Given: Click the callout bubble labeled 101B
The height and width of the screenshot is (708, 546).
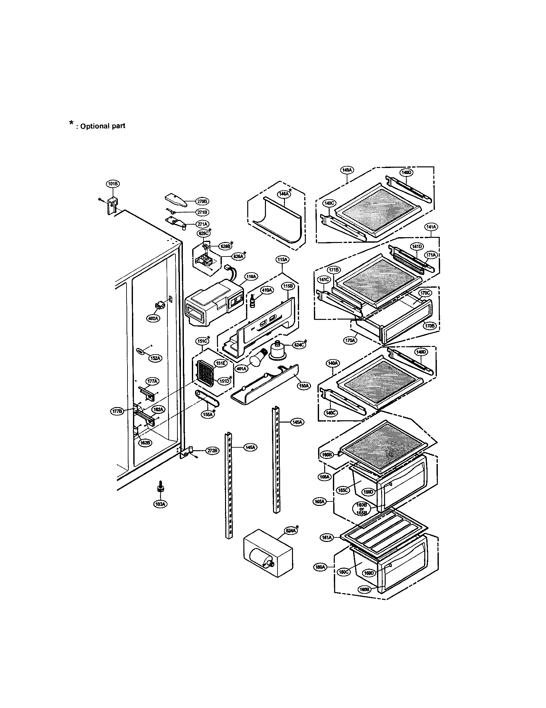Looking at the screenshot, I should tap(113, 184).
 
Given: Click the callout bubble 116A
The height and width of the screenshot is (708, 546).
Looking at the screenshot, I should tap(251, 276).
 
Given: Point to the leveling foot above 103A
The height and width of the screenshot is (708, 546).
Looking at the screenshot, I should tap(160, 488).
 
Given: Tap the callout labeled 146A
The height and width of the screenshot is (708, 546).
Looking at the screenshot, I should tap(283, 194).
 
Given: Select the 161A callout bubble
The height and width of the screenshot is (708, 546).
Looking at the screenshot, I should tap(327, 538).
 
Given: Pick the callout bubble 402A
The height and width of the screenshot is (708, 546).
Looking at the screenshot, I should tap(153, 318).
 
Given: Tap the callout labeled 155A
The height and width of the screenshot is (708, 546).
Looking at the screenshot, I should tap(208, 414).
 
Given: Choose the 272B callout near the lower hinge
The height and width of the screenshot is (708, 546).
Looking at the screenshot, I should tap(212, 451).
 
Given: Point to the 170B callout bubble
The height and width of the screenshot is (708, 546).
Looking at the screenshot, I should tap(430, 325).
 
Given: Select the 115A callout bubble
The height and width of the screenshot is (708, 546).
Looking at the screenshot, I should tap(282, 260).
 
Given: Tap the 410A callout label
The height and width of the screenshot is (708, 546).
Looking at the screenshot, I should tap(267, 290).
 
